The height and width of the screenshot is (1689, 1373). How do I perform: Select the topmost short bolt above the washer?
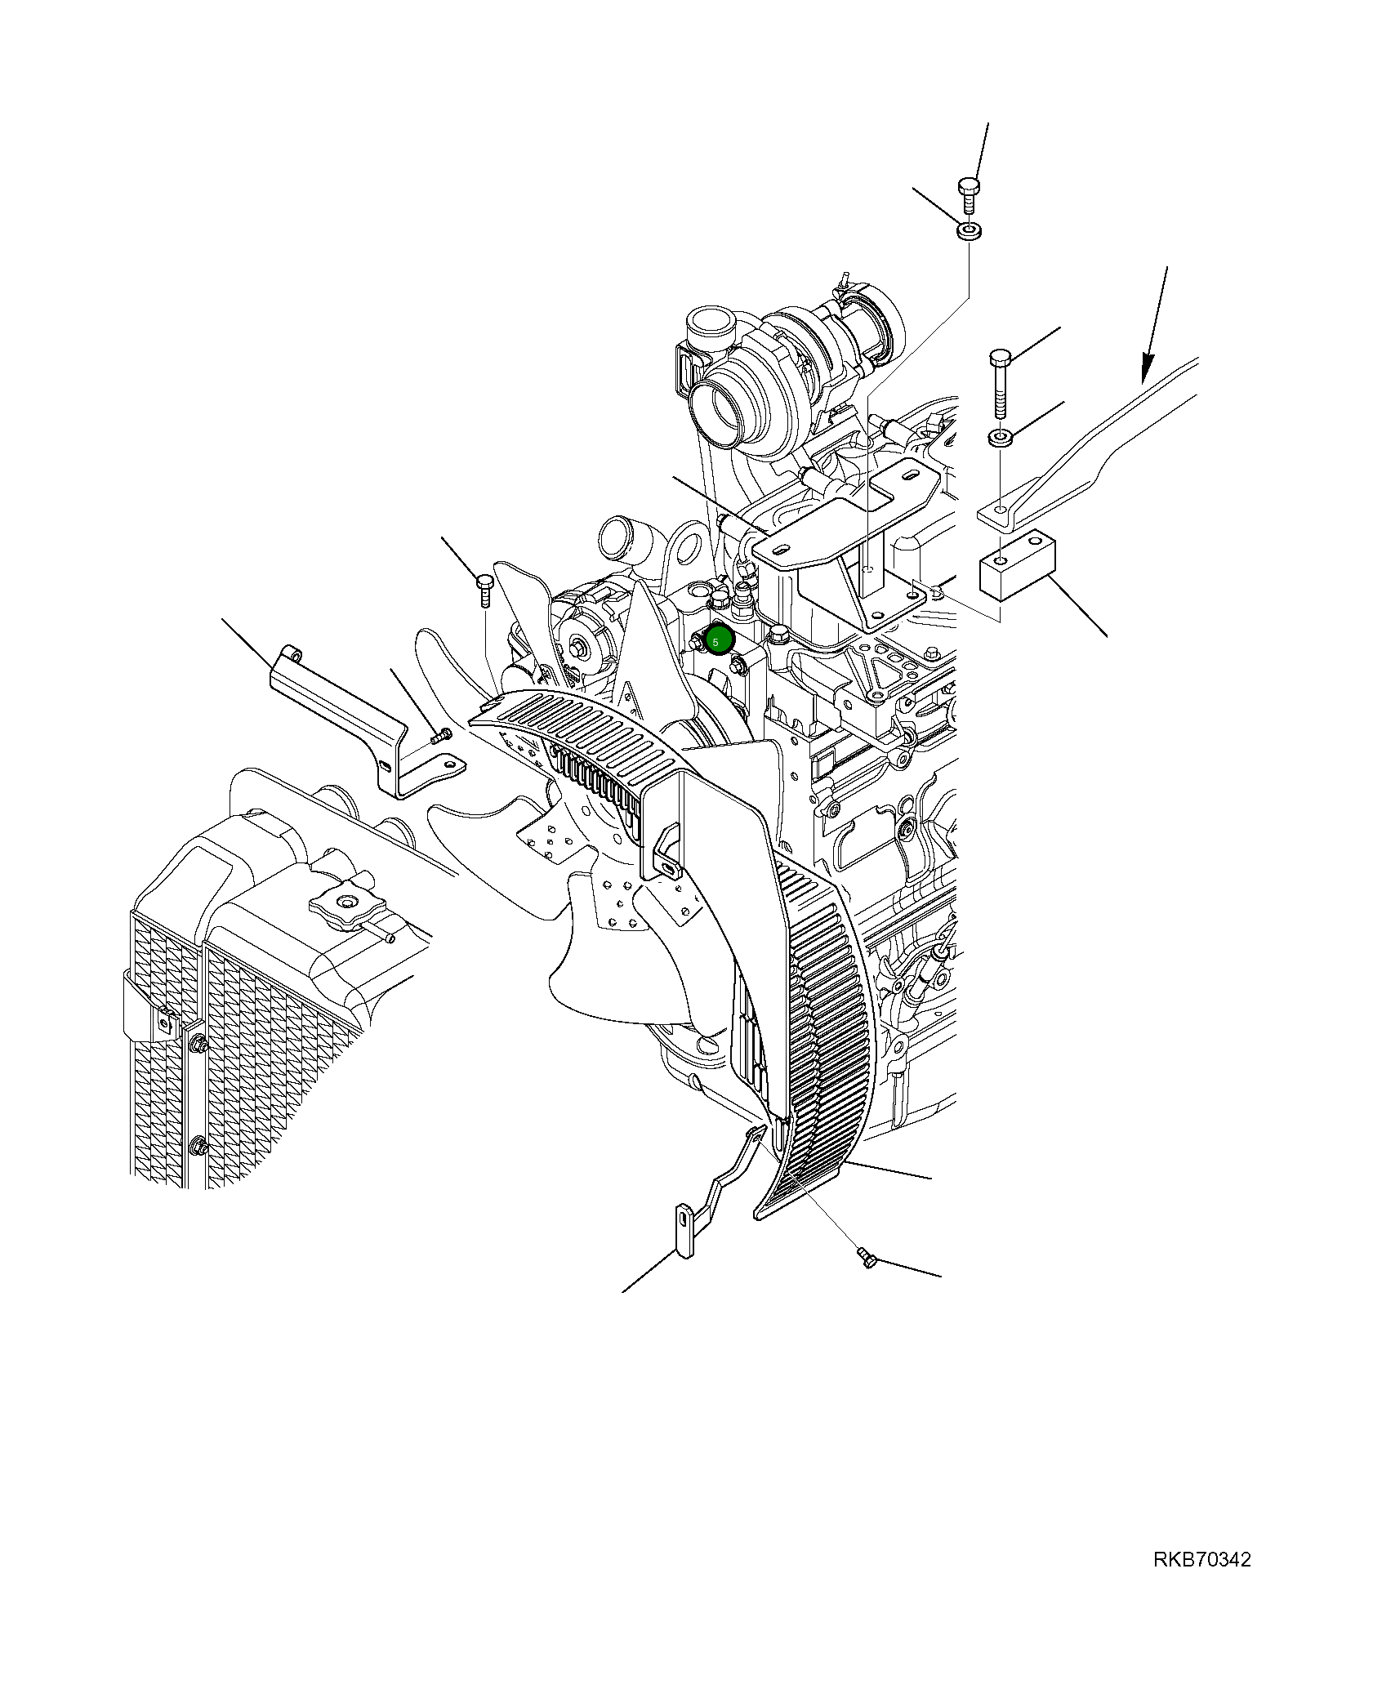pos(969,194)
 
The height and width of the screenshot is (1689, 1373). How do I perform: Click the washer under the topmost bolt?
pos(970,231)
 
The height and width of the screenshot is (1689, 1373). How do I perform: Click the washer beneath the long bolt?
pos(1001,438)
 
